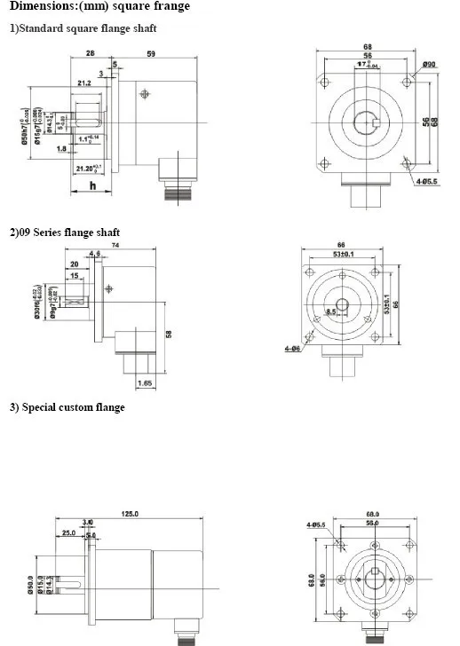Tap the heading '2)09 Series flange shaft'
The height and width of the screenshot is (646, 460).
tap(65, 232)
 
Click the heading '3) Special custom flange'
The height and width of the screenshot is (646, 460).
tap(67, 407)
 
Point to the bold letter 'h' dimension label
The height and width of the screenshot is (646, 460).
tap(92, 185)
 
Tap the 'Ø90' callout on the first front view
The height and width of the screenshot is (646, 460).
tap(428, 65)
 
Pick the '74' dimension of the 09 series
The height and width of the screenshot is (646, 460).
tap(115, 245)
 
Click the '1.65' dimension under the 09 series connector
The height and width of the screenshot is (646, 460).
tap(146, 382)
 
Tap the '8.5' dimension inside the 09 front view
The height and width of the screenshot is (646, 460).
tap(330, 311)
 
